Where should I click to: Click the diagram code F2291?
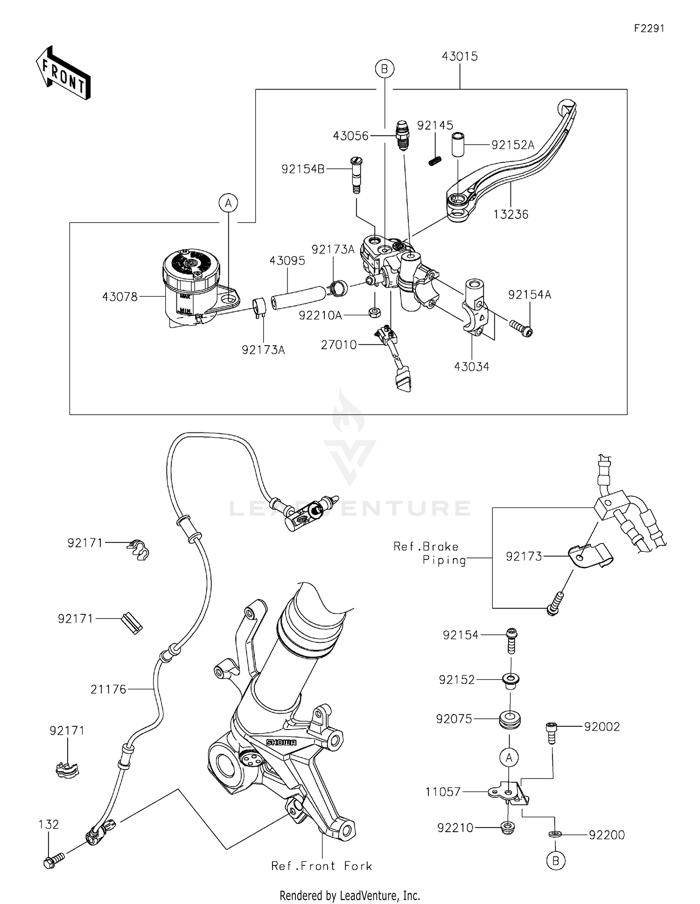coord(649,28)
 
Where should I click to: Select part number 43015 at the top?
coord(460,56)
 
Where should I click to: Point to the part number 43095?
coord(287,261)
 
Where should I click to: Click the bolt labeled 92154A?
coord(521,327)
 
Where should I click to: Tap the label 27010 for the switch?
coord(339,345)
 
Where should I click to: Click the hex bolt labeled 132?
coord(53,859)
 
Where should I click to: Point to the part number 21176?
coord(108,689)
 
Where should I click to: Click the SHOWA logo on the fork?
coord(281,742)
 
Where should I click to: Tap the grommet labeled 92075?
coord(509,719)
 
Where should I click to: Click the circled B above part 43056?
coord(385,69)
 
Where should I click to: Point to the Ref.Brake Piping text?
coord(430,553)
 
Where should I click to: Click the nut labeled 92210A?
coord(374,312)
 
